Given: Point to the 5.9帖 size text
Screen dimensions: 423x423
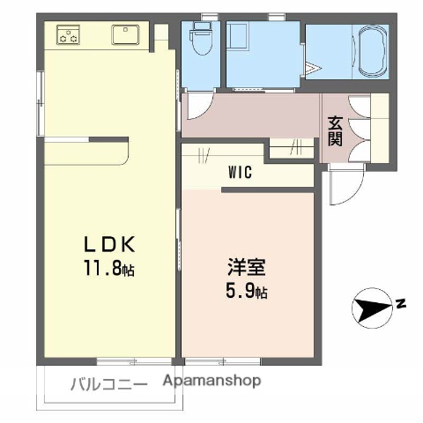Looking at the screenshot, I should coord(249,289).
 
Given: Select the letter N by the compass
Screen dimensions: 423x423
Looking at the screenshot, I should coord(400,304).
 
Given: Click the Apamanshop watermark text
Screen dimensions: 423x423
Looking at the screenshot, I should coord(212,382).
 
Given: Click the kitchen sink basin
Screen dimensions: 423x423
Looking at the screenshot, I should coord(123,36).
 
